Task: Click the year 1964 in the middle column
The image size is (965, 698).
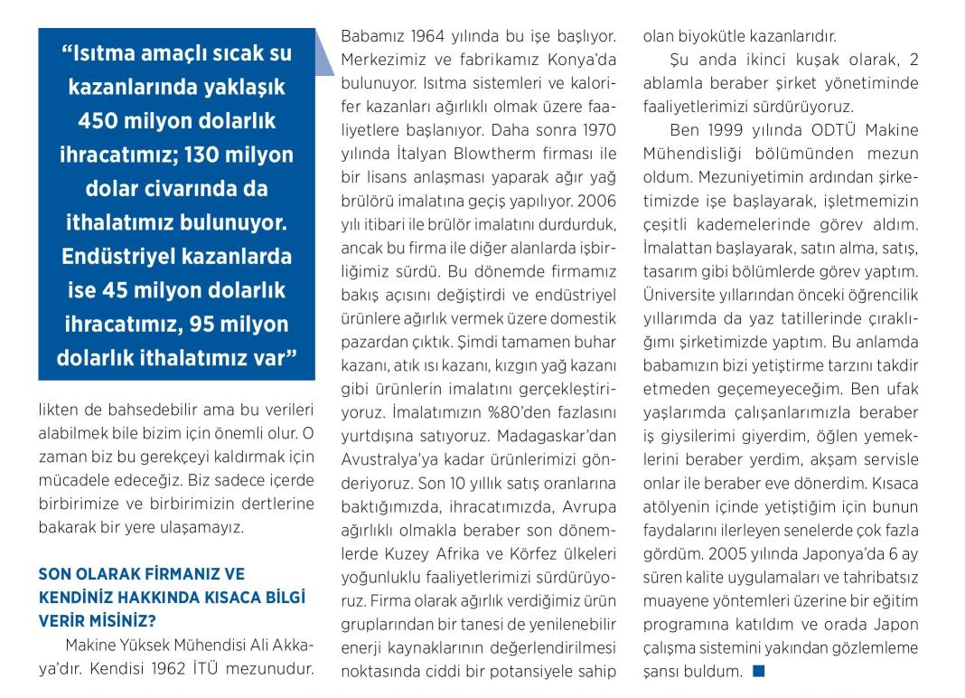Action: [x=431, y=38]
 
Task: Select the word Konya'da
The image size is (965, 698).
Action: [x=578, y=61]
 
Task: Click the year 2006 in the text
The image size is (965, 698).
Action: [x=596, y=201]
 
